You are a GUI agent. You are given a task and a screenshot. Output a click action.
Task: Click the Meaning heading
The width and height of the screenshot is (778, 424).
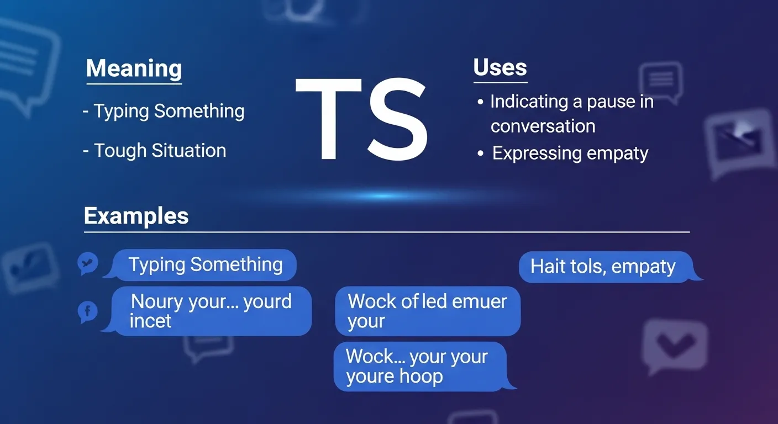pyautogui.click(x=134, y=68)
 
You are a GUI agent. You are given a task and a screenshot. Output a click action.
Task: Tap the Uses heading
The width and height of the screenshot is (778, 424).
pyautogui.click(x=500, y=67)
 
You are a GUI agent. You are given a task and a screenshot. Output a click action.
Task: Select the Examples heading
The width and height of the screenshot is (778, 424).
pyautogui.click(x=136, y=215)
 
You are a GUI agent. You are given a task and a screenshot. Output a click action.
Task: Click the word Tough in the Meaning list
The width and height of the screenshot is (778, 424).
pyautogui.click(x=120, y=151)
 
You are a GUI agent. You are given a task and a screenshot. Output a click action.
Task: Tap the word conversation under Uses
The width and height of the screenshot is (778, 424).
pyautogui.click(x=543, y=126)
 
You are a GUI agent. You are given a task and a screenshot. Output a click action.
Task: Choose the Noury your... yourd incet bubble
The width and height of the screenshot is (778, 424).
pyautogui.click(x=211, y=311)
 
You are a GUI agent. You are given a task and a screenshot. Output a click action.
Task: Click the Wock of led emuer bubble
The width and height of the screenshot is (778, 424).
pyautogui.click(x=427, y=311)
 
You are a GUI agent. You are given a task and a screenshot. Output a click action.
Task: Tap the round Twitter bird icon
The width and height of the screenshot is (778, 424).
pyautogui.click(x=88, y=264)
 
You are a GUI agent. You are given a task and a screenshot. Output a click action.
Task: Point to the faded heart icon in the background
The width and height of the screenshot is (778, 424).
pyautogui.click(x=674, y=345)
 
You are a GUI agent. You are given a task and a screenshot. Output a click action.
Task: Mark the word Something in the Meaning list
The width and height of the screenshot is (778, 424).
pyautogui.click(x=199, y=111)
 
